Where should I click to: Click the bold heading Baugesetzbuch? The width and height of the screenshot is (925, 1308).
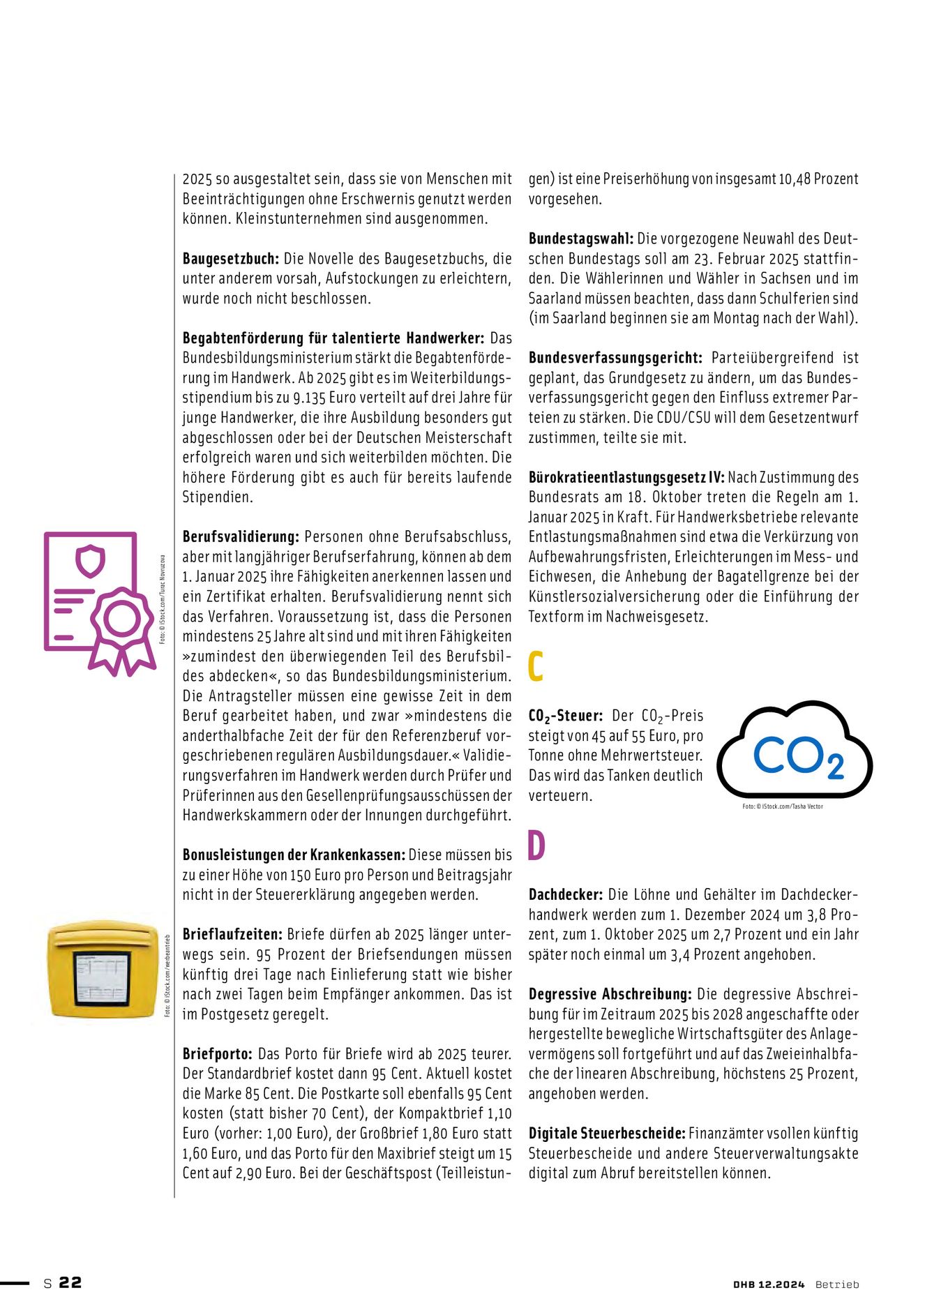coord(230,259)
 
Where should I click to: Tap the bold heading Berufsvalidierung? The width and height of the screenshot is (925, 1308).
coord(241,537)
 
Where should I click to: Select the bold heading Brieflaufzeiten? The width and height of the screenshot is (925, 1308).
coord(232,935)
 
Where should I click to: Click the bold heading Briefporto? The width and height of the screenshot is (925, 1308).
coord(217,1054)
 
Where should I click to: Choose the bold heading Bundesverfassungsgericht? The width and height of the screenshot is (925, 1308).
coord(615,358)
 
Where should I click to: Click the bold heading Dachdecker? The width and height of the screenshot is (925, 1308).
coord(565,895)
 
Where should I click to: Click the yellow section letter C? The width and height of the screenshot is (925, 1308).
coord(535,667)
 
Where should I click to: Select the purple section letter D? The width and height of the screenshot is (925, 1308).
coord(536,846)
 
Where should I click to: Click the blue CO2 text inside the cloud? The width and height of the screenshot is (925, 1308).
coord(798,756)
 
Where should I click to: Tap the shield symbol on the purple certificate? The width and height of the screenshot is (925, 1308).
coord(90,562)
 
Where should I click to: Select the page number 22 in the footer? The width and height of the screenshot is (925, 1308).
coord(70,1283)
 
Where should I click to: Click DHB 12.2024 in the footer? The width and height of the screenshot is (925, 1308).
coord(769,1284)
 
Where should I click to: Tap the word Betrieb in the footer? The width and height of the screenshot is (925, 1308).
coord(837,1284)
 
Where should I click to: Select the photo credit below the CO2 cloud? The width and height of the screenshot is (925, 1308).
coord(783,806)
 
